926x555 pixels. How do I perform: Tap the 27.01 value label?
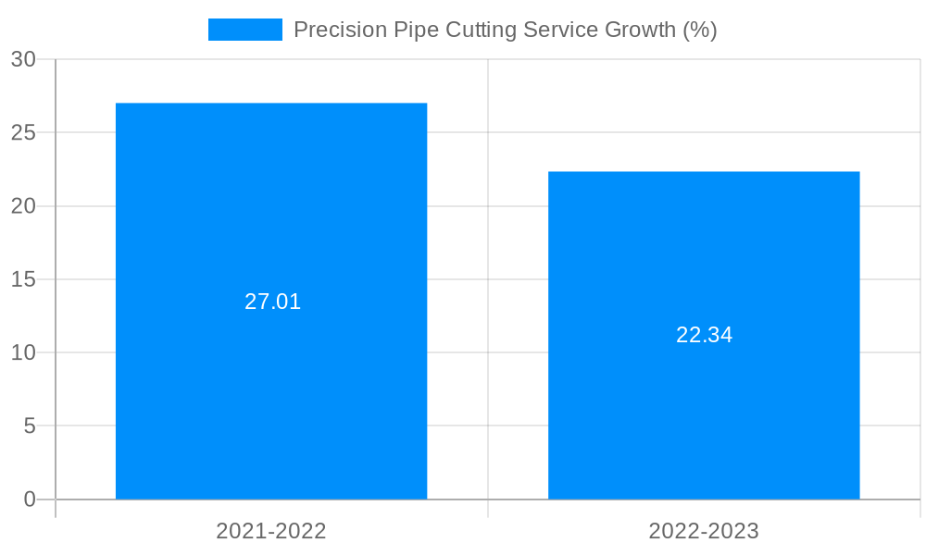[x=272, y=302]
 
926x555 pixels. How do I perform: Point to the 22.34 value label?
[x=704, y=335]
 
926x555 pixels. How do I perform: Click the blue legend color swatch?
[x=244, y=30]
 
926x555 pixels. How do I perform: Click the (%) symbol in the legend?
[x=699, y=30]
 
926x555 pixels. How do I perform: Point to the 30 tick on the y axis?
[x=23, y=59]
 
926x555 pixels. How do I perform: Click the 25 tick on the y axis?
[x=23, y=132]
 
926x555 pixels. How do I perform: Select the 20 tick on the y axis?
[x=23, y=206]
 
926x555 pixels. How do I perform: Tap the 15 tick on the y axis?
[x=23, y=279]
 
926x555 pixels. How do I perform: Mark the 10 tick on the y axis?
[x=23, y=352]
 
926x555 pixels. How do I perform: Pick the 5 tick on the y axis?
[x=29, y=426]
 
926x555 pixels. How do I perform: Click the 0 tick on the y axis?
[x=29, y=499]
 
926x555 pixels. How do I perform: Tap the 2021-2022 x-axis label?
[x=271, y=531]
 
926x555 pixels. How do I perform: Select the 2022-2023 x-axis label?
[x=704, y=531]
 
